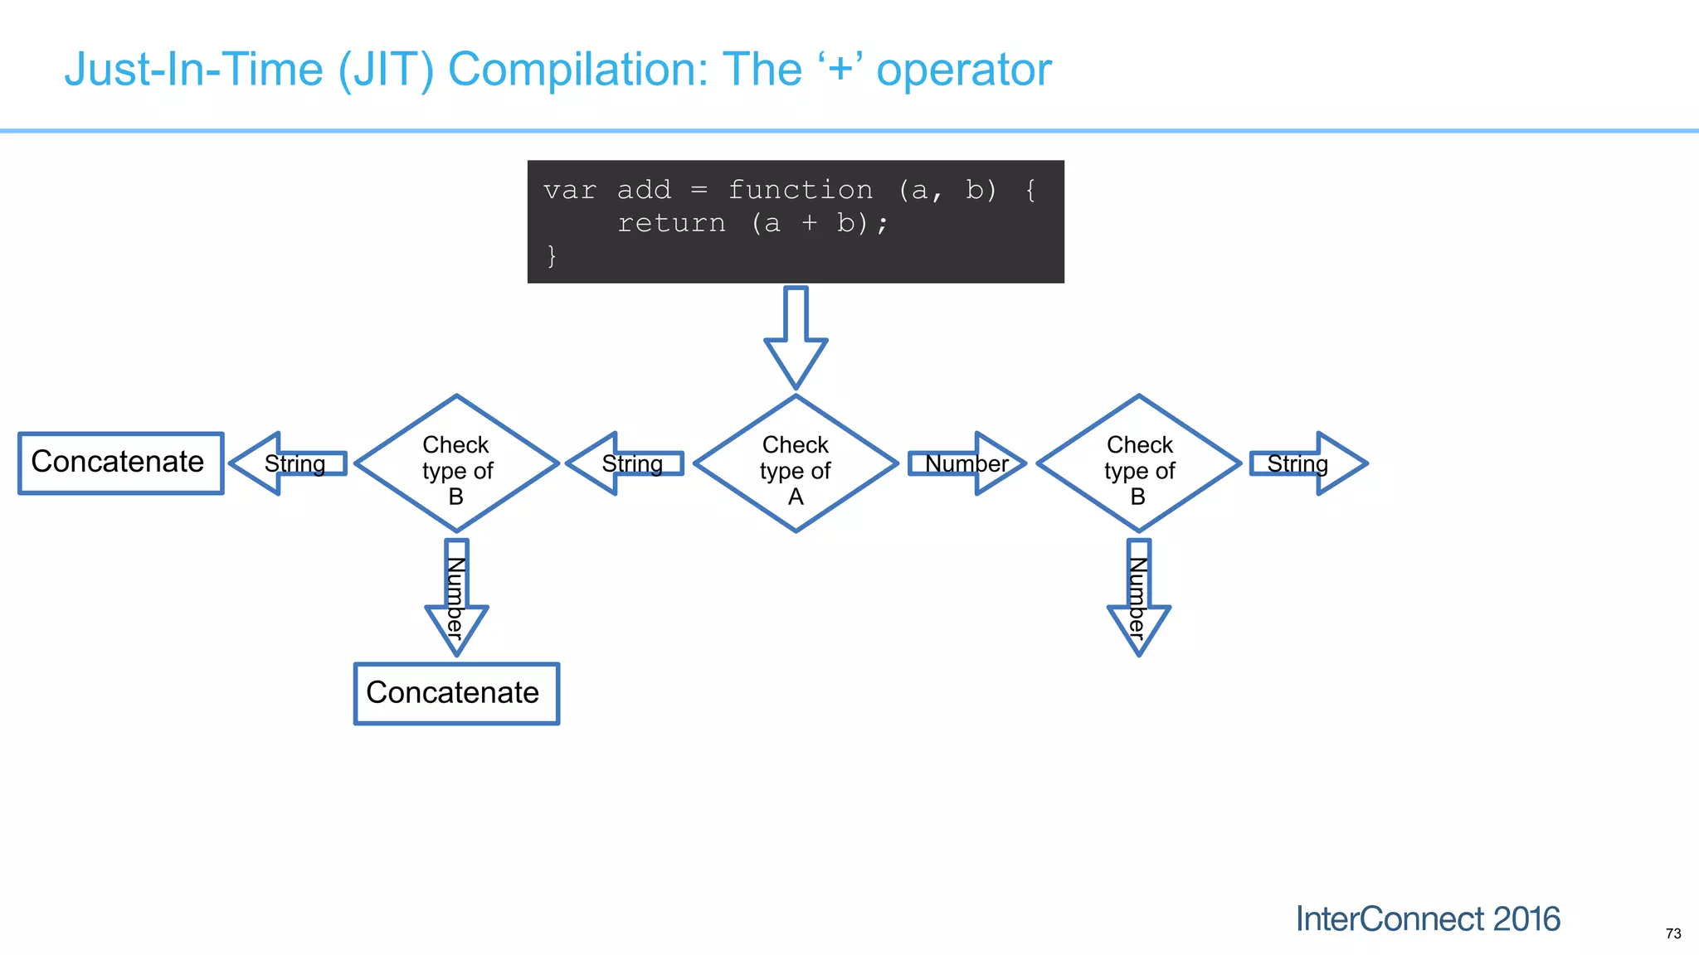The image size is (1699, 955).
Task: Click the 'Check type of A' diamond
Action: tap(796, 464)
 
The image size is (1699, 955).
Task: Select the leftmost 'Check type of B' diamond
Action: tap(456, 464)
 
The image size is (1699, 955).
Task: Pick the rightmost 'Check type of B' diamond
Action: tap(1139, 464)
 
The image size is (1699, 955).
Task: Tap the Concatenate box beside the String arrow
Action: tap(121, 463)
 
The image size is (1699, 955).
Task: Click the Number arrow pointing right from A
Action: tap(966, 463)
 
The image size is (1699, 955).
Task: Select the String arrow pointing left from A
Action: tap(626, 463)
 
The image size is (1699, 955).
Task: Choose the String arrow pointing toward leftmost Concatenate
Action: tap(289, 463)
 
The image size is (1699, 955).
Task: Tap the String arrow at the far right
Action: tap(1307, 463)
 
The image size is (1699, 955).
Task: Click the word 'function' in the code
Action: tap(800, 190)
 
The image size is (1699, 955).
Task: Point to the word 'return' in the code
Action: tap(671, 223)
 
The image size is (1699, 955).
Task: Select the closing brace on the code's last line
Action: tap(552, 255)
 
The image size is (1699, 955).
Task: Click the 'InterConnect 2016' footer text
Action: tap(1427, 919)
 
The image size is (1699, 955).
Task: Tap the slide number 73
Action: tap(1672, 933)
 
